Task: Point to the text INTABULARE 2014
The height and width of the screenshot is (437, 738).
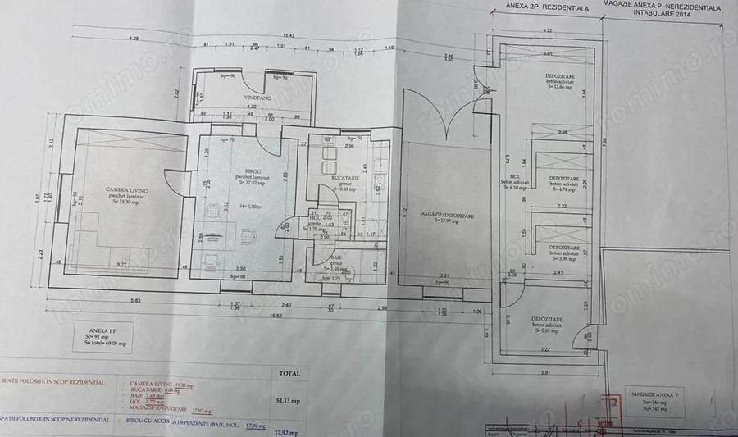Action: [660, 13]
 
